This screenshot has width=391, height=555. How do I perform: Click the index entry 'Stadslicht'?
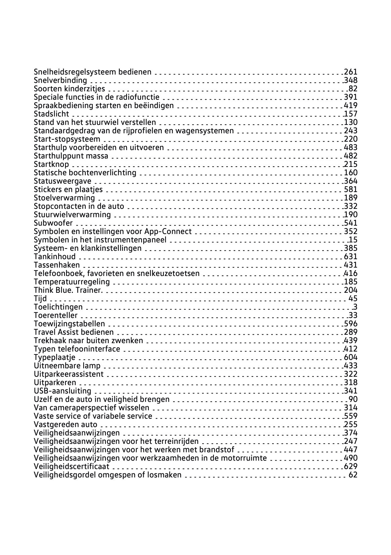click(x=51, y=114)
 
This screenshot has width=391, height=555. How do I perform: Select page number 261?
click(x=351, y=72)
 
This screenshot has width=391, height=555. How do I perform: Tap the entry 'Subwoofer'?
click(x=53, y=223)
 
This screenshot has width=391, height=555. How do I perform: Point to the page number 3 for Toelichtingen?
click(x=355, y=307)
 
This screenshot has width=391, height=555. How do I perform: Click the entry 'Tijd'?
click(x=40, y=298)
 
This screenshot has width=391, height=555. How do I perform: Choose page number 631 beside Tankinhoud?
click(x=351, y=257)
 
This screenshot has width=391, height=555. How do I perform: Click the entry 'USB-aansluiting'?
click(x=62, y=391)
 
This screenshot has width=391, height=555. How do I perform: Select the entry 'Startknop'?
click(x=51, y=164)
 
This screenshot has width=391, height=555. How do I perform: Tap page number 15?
click(x=353, y=240)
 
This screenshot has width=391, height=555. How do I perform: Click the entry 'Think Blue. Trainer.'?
click(x=68, y=290)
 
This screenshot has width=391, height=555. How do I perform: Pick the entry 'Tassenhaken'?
click(x=57, y=265)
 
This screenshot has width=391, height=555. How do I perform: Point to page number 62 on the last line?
click(x=353, y=475)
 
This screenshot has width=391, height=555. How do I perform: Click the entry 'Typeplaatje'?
click(x=55, y=357)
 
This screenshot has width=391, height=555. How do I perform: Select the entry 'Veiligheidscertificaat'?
click(x=72, y=466)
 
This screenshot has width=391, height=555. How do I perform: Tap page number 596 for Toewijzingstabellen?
click(x=351, y=324)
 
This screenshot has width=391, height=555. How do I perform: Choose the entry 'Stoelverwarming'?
click(x=64, y=198)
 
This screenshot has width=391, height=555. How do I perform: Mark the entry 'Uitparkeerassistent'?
click(x=69, y=374)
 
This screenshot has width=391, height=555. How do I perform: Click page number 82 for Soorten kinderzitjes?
click(x=353, y=89)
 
